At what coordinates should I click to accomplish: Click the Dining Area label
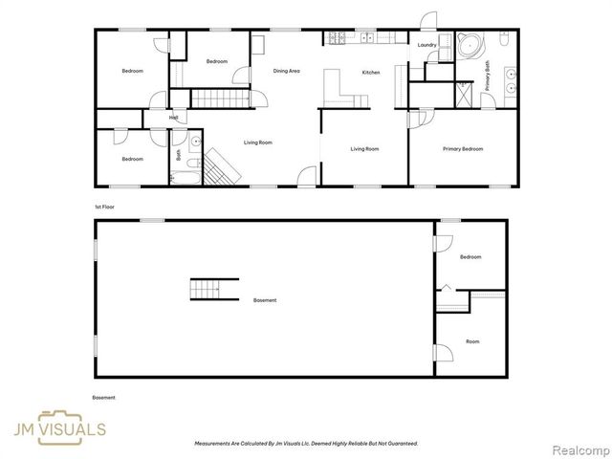coord(287,71)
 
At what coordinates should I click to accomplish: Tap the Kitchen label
coord(370,73)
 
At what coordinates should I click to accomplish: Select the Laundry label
coord(427,45)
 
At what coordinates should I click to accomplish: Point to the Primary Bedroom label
coord(462,149)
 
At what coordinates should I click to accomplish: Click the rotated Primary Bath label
coord(487,75)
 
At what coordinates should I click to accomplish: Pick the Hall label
coord(173,119)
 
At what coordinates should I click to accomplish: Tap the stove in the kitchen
coord(337,38)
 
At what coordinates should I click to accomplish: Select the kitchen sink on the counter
coord(367,38)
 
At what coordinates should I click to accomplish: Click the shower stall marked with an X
coord(463,96)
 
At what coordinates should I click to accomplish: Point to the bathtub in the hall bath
coord(183,175)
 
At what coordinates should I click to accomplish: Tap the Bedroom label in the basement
coord(470,257)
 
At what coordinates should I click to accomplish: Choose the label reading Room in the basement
coord(471,341)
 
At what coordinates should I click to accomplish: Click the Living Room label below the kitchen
coord(364,149)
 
